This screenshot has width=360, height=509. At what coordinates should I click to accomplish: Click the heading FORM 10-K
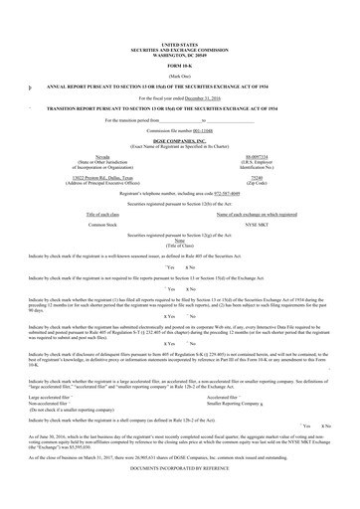[x=180, y=66]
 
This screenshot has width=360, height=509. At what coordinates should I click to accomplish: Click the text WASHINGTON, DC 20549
[x=180, y=53]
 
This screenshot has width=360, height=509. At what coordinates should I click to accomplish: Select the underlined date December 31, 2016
[x=199, y=99]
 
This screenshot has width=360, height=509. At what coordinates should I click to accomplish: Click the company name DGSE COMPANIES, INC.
[x=180, y=142]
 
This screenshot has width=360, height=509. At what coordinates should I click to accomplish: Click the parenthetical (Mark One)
[x=180, y=76]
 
